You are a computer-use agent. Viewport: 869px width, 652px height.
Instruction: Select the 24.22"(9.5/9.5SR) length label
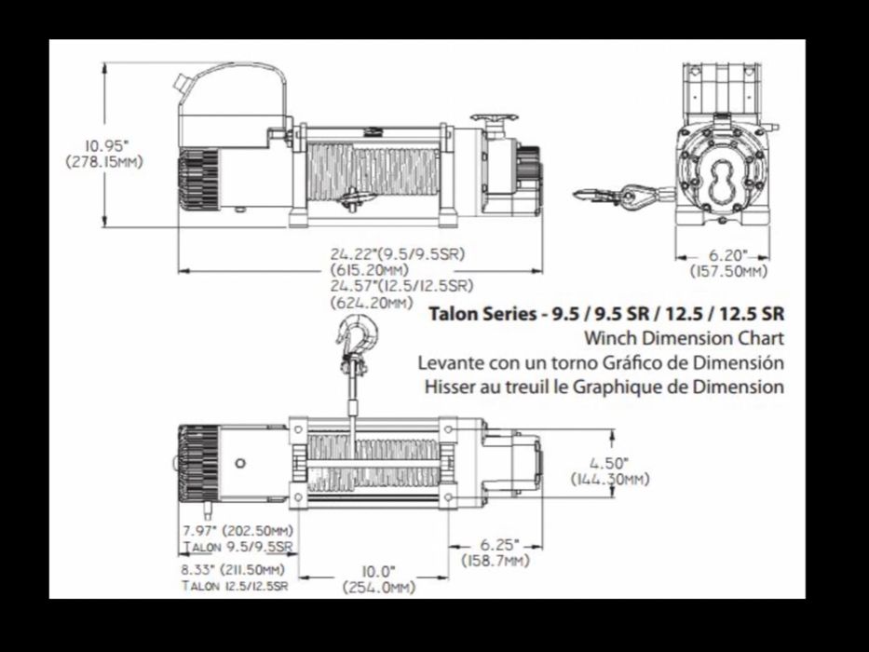pos(397,254)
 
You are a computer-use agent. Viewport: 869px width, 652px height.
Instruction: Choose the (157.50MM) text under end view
pos(727,272)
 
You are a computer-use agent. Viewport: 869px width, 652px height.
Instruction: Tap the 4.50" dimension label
pos(610,463)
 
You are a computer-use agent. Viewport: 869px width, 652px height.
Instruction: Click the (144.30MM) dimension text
pos(610,479)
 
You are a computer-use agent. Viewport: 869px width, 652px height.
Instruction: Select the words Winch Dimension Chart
pos(683,337)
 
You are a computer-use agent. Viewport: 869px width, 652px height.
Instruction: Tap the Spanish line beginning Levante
pos(602,361)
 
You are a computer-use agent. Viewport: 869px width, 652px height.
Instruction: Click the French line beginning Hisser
pos(602,386)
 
